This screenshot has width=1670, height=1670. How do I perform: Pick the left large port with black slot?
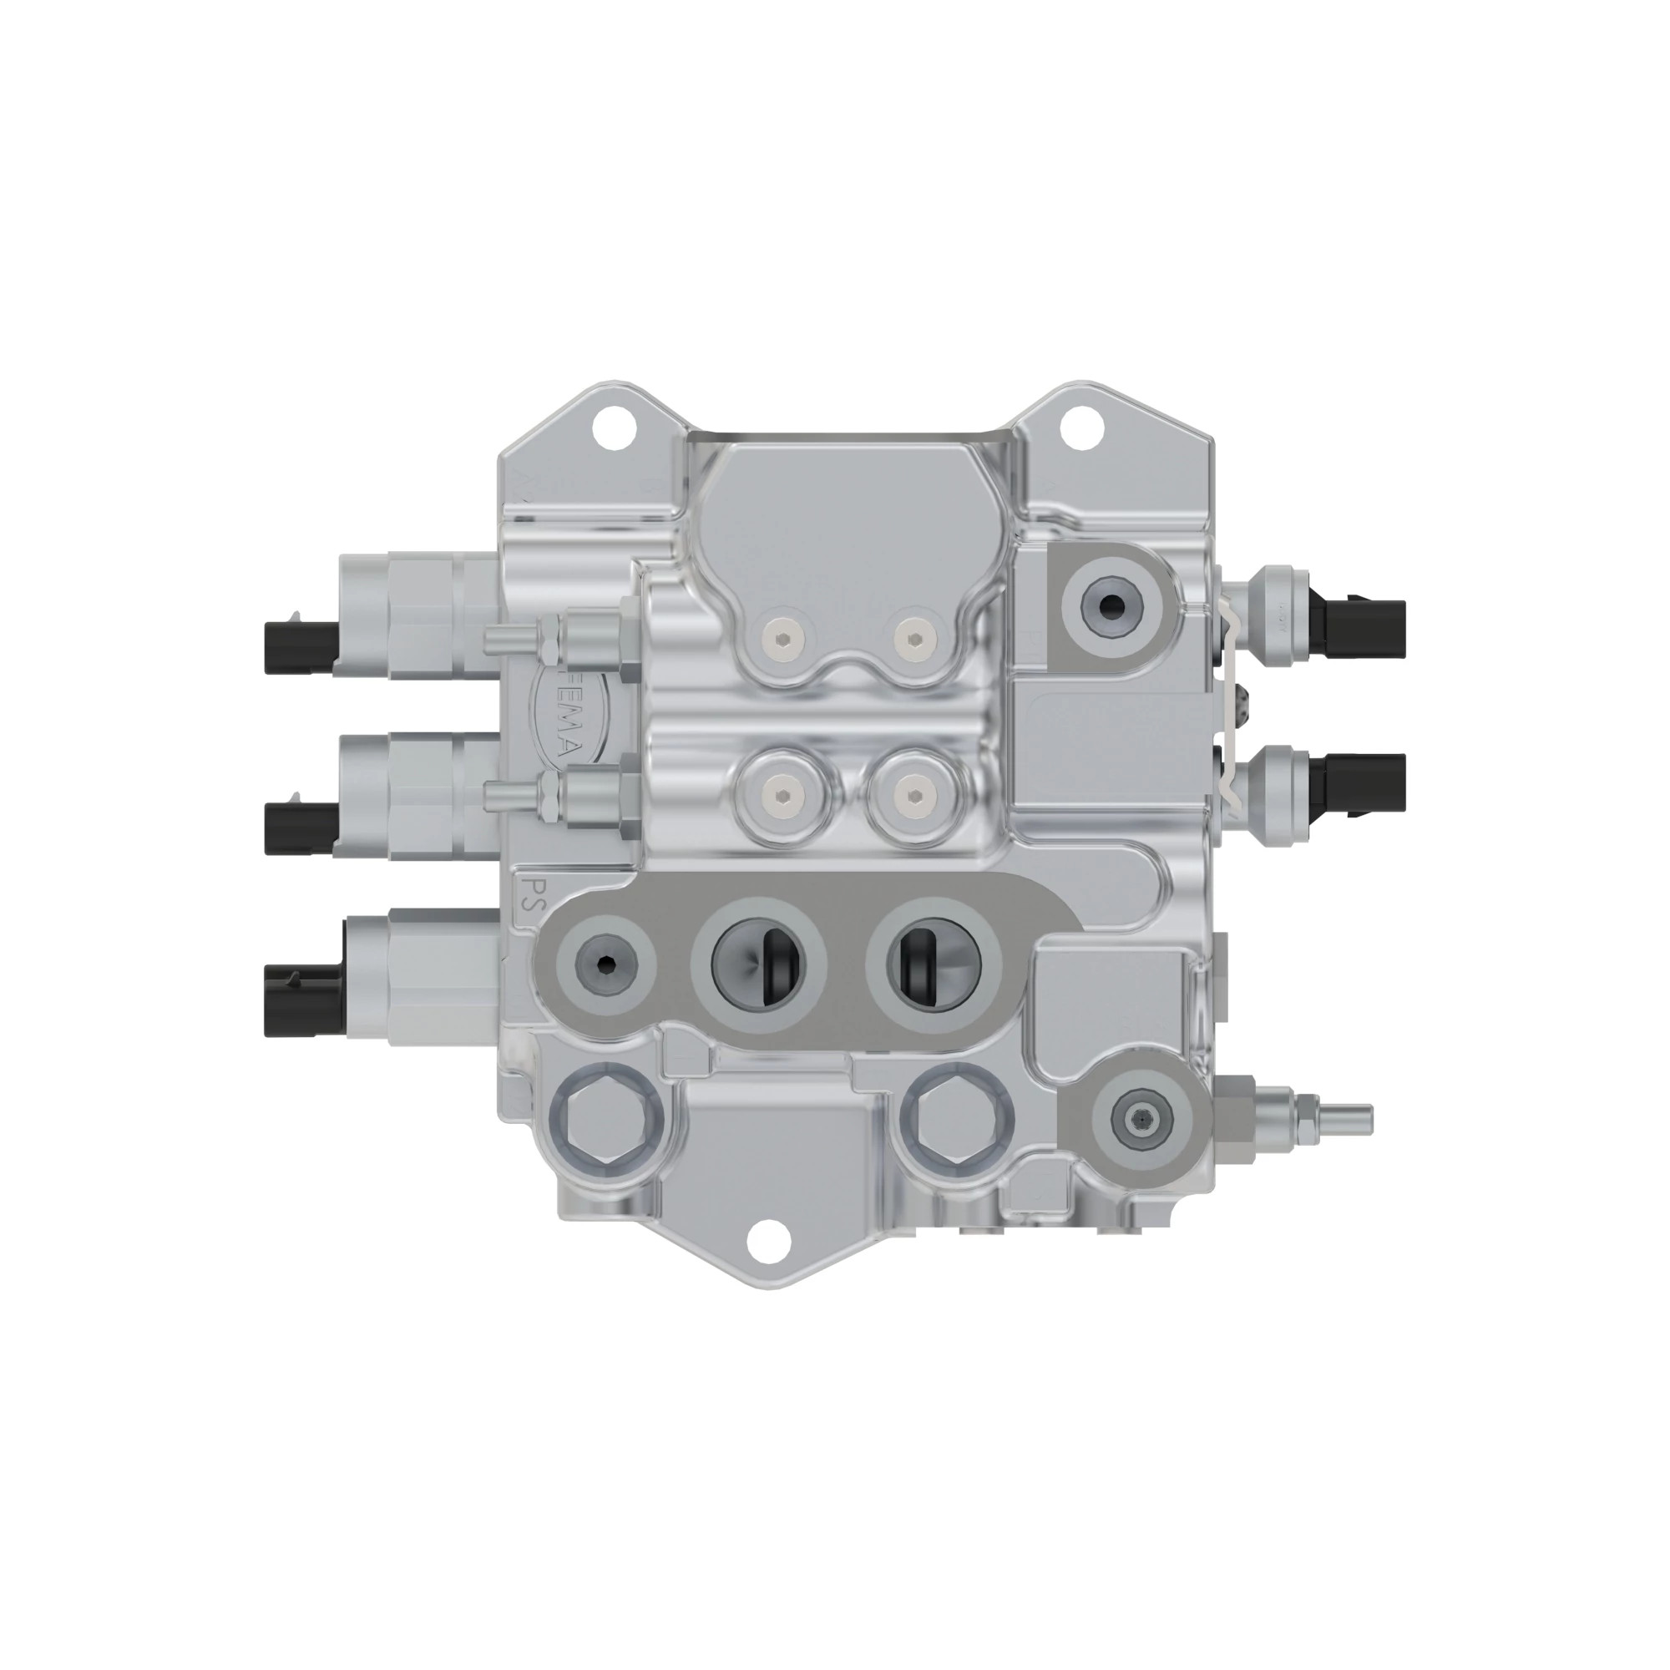point(758,961)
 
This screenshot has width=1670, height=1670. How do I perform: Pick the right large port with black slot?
point(934,961)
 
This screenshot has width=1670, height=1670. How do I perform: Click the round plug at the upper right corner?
point(1111,607)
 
